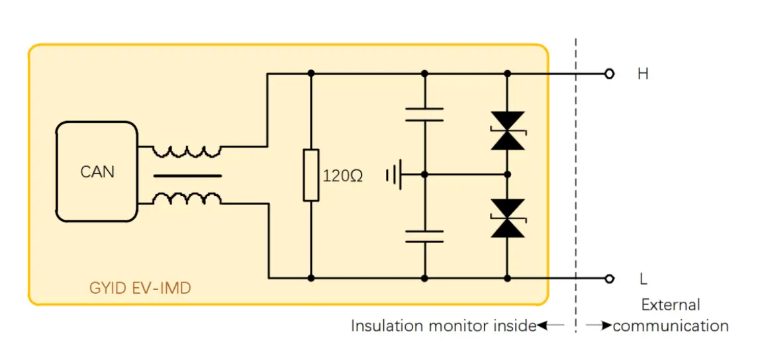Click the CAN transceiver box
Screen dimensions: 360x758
[97, 171]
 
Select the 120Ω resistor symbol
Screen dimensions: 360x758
[310, 175]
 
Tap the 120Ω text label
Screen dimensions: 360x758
[342, 177]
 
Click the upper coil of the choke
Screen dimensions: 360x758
[187, 152]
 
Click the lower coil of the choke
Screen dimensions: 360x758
[187, 199]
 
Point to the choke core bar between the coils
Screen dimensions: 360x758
[187, 176]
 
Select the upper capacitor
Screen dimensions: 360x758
[424, 114]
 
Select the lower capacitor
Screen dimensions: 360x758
[424, 236]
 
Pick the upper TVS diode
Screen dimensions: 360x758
[508, 130]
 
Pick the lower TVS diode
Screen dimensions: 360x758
[508, 218]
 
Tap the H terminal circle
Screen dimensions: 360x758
[610, 73]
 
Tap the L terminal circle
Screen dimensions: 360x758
[610, 278]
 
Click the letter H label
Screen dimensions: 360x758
[643, 74]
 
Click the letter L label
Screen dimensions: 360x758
[643, 279]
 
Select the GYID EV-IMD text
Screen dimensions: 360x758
[140, 289]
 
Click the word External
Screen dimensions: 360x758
[671, 305]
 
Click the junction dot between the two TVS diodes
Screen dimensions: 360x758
[508, 175]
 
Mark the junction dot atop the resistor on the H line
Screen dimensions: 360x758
[310, 73]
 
